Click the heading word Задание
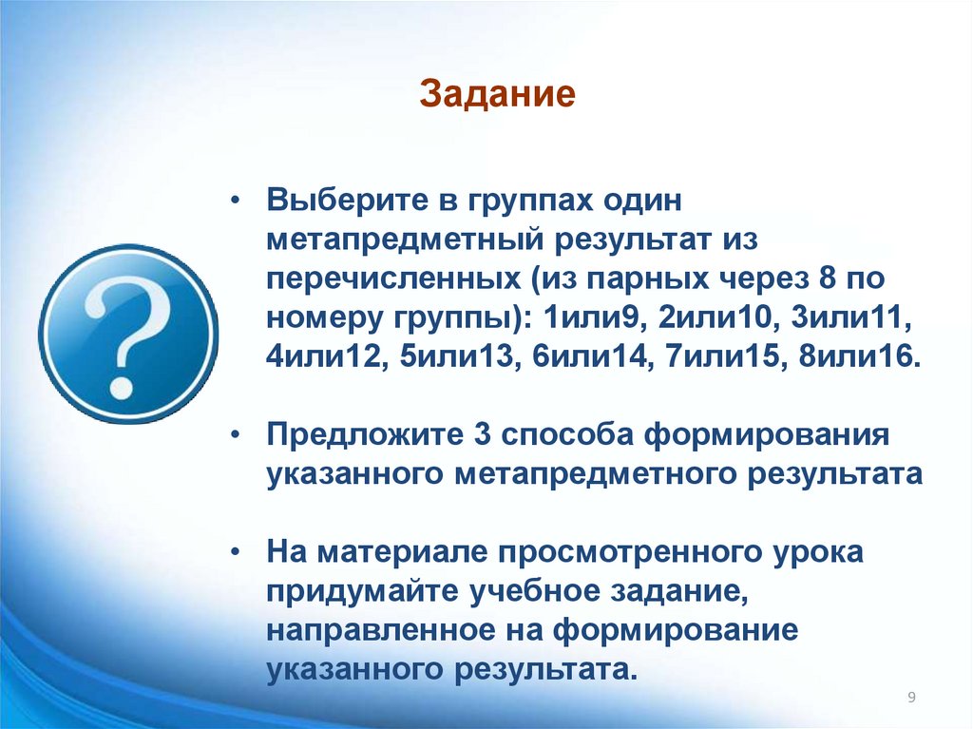498,95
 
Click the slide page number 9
911,699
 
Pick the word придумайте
362,592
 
